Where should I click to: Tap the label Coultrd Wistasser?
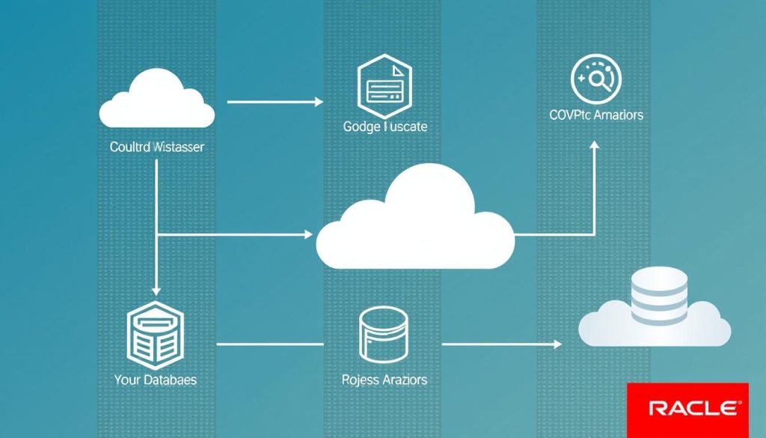(x=157, y=147)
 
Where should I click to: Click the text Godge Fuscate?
(x=385, y=127)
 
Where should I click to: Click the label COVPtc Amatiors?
(x=595, y=115)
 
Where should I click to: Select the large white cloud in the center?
(x=416, y=225)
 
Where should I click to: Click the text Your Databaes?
(x=156, y=380)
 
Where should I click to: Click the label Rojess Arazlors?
(x=384, y=380)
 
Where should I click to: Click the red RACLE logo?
(x=687, y=408)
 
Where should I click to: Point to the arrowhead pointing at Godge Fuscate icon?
(x=319, y=101)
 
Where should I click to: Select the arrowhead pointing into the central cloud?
(x=309, y=234)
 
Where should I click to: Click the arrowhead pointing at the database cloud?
(x=557, y=344)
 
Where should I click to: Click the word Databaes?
(x=170, y=380)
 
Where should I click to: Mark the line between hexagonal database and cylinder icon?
(x=269, y=344)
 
